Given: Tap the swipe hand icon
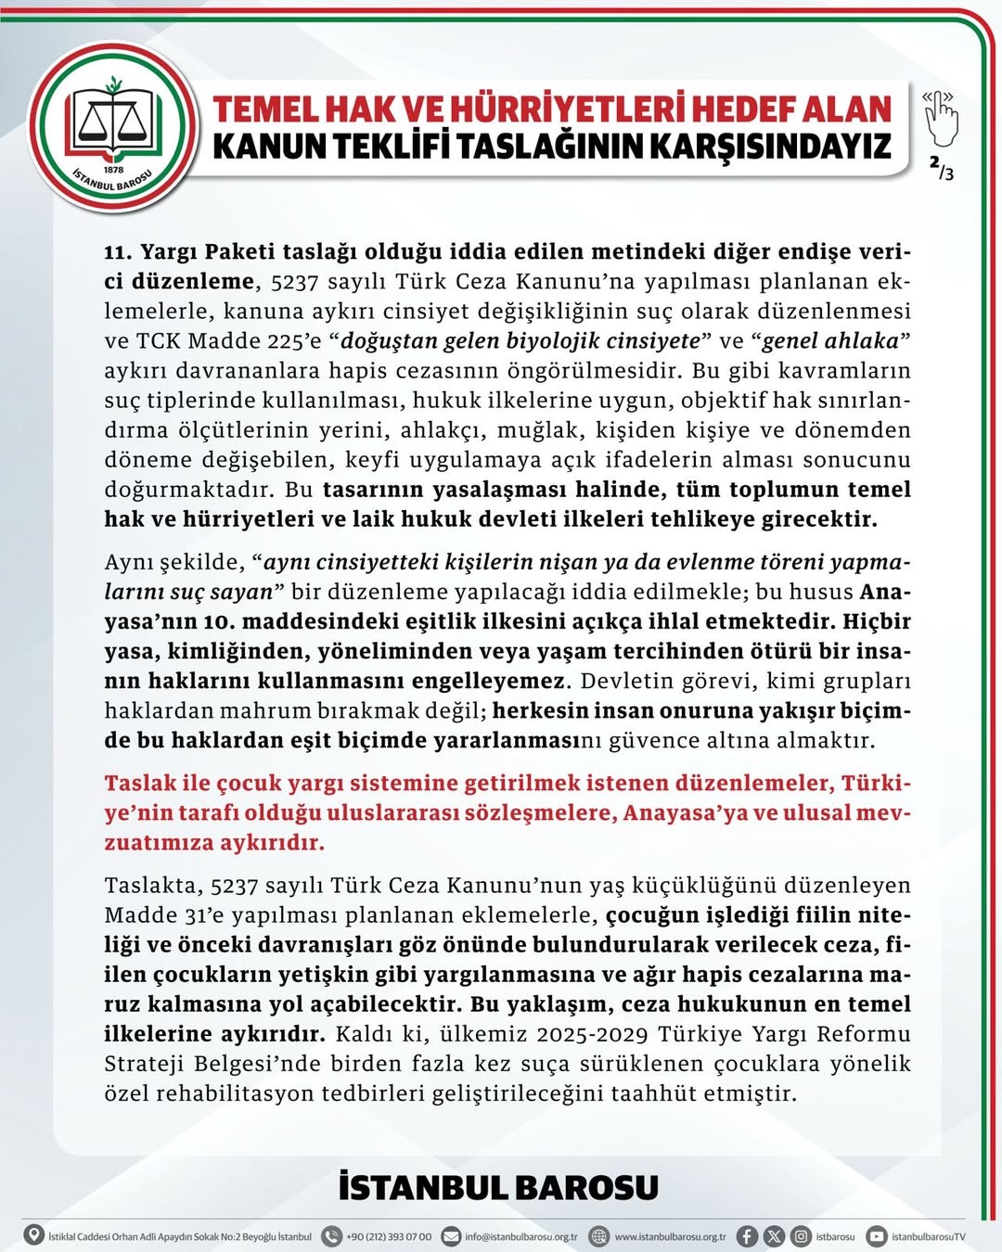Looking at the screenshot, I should click(x=940, y=117).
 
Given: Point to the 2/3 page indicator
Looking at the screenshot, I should click(x=941, y=168).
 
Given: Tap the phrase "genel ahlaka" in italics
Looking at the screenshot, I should click(x=830, y=341).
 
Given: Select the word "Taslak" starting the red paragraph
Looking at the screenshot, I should click(x=140, y=783).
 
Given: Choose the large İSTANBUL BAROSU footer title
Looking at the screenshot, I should click(x=498, y=1188).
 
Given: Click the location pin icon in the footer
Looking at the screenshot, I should click(x=34, y=1235).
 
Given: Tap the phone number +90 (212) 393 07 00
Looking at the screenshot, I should click(x=388, y=1236).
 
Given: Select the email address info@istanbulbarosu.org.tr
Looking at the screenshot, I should click(x=520, y=1236).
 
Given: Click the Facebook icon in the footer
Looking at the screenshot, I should click(x=747, y=1235).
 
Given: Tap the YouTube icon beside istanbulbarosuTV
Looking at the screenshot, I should click(x=876, y=1235).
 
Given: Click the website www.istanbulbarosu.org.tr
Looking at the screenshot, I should click(x=670, y=1236).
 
